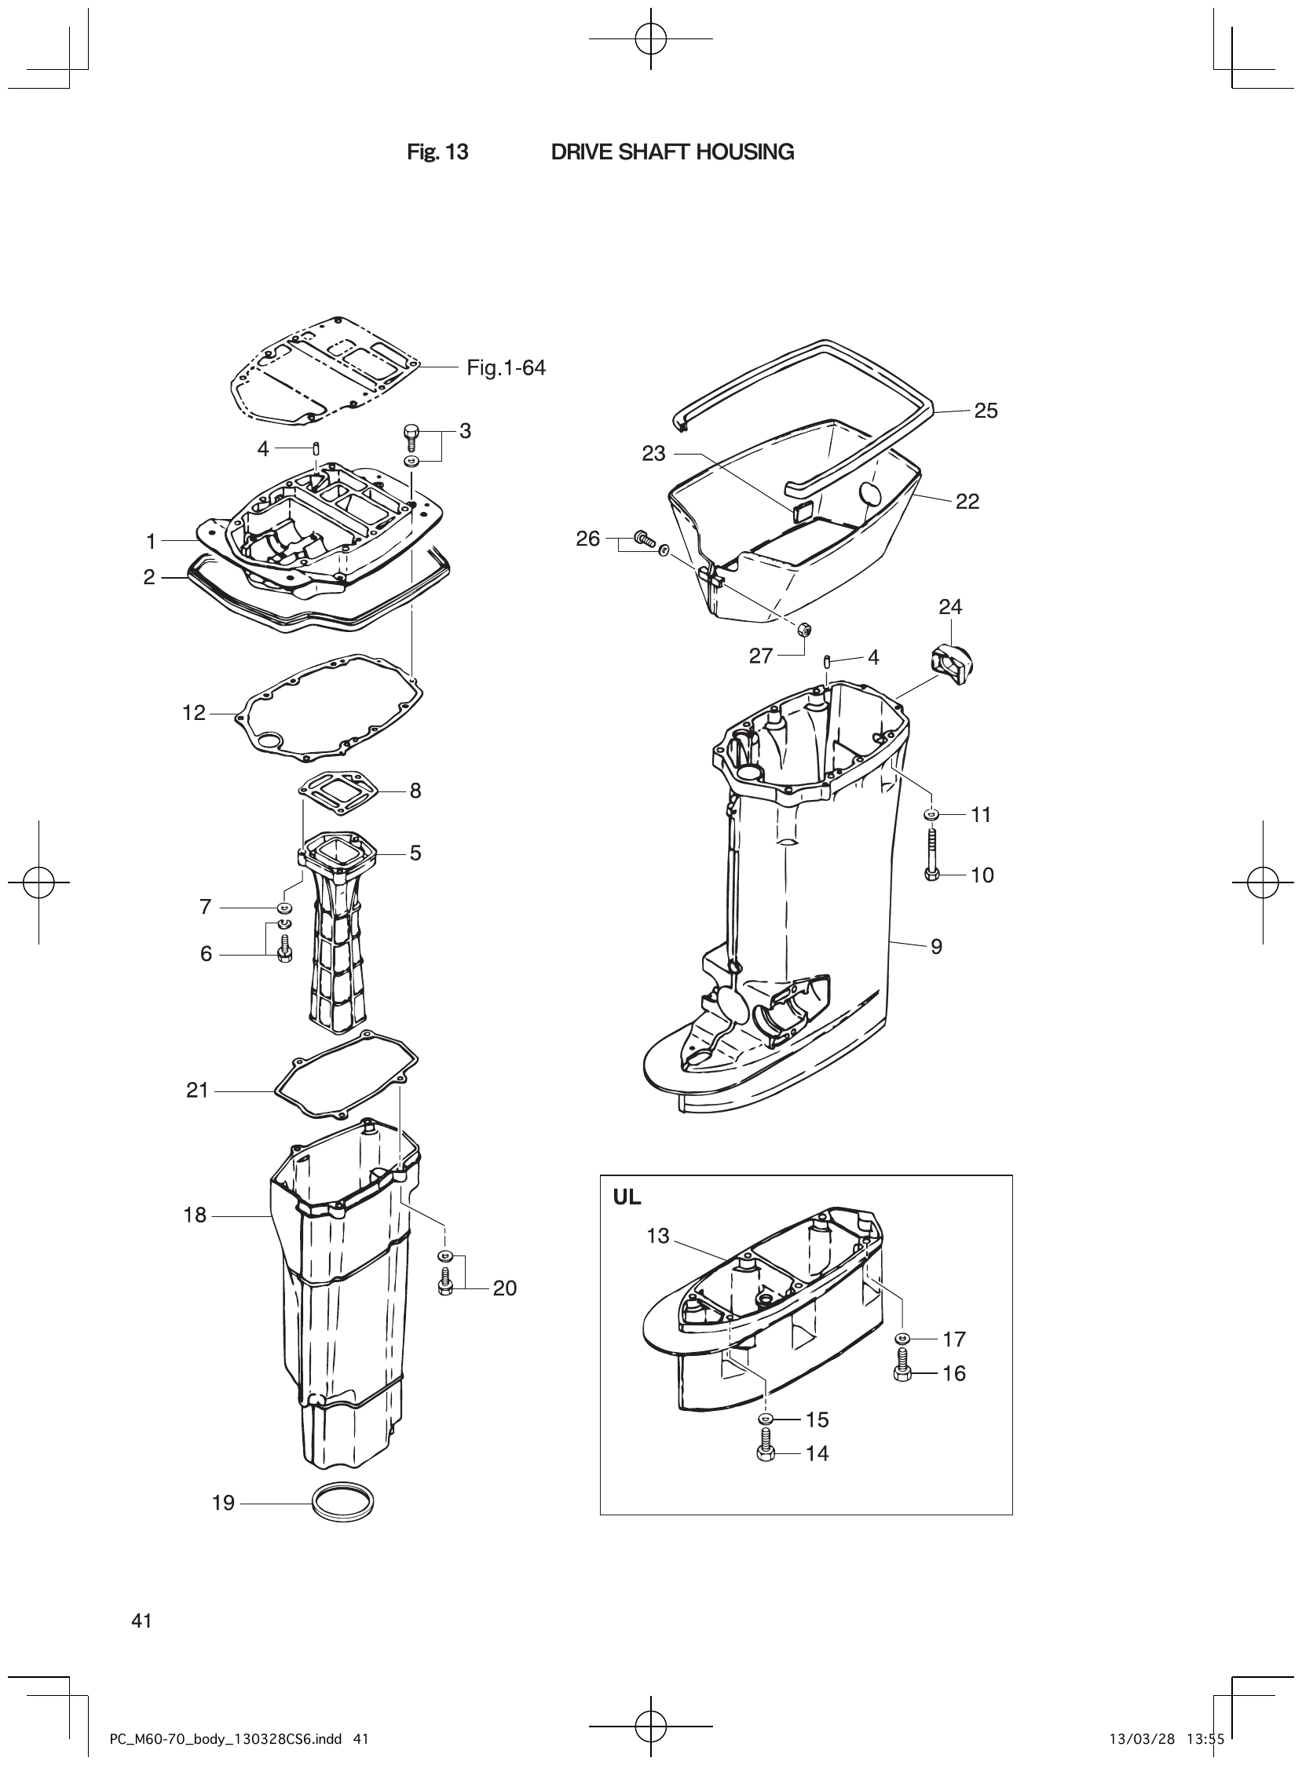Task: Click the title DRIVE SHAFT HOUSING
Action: [x=671, y=152]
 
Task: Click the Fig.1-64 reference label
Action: [x=506, y=368]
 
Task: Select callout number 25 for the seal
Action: [x=986, y=411]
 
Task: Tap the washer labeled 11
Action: [x=931, y=813]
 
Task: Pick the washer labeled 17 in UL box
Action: [x=903, y=1338]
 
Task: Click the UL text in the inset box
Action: [x=627, y=1197]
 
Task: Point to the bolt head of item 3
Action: [x=410, y=431]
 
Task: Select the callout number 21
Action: [x=197, y=1091]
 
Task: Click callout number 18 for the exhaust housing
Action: [x=195, y=1215]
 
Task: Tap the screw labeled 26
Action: [x=646, y=539]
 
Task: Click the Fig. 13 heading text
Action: [x=437, y=152]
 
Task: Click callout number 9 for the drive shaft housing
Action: [x=936, y=946]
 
